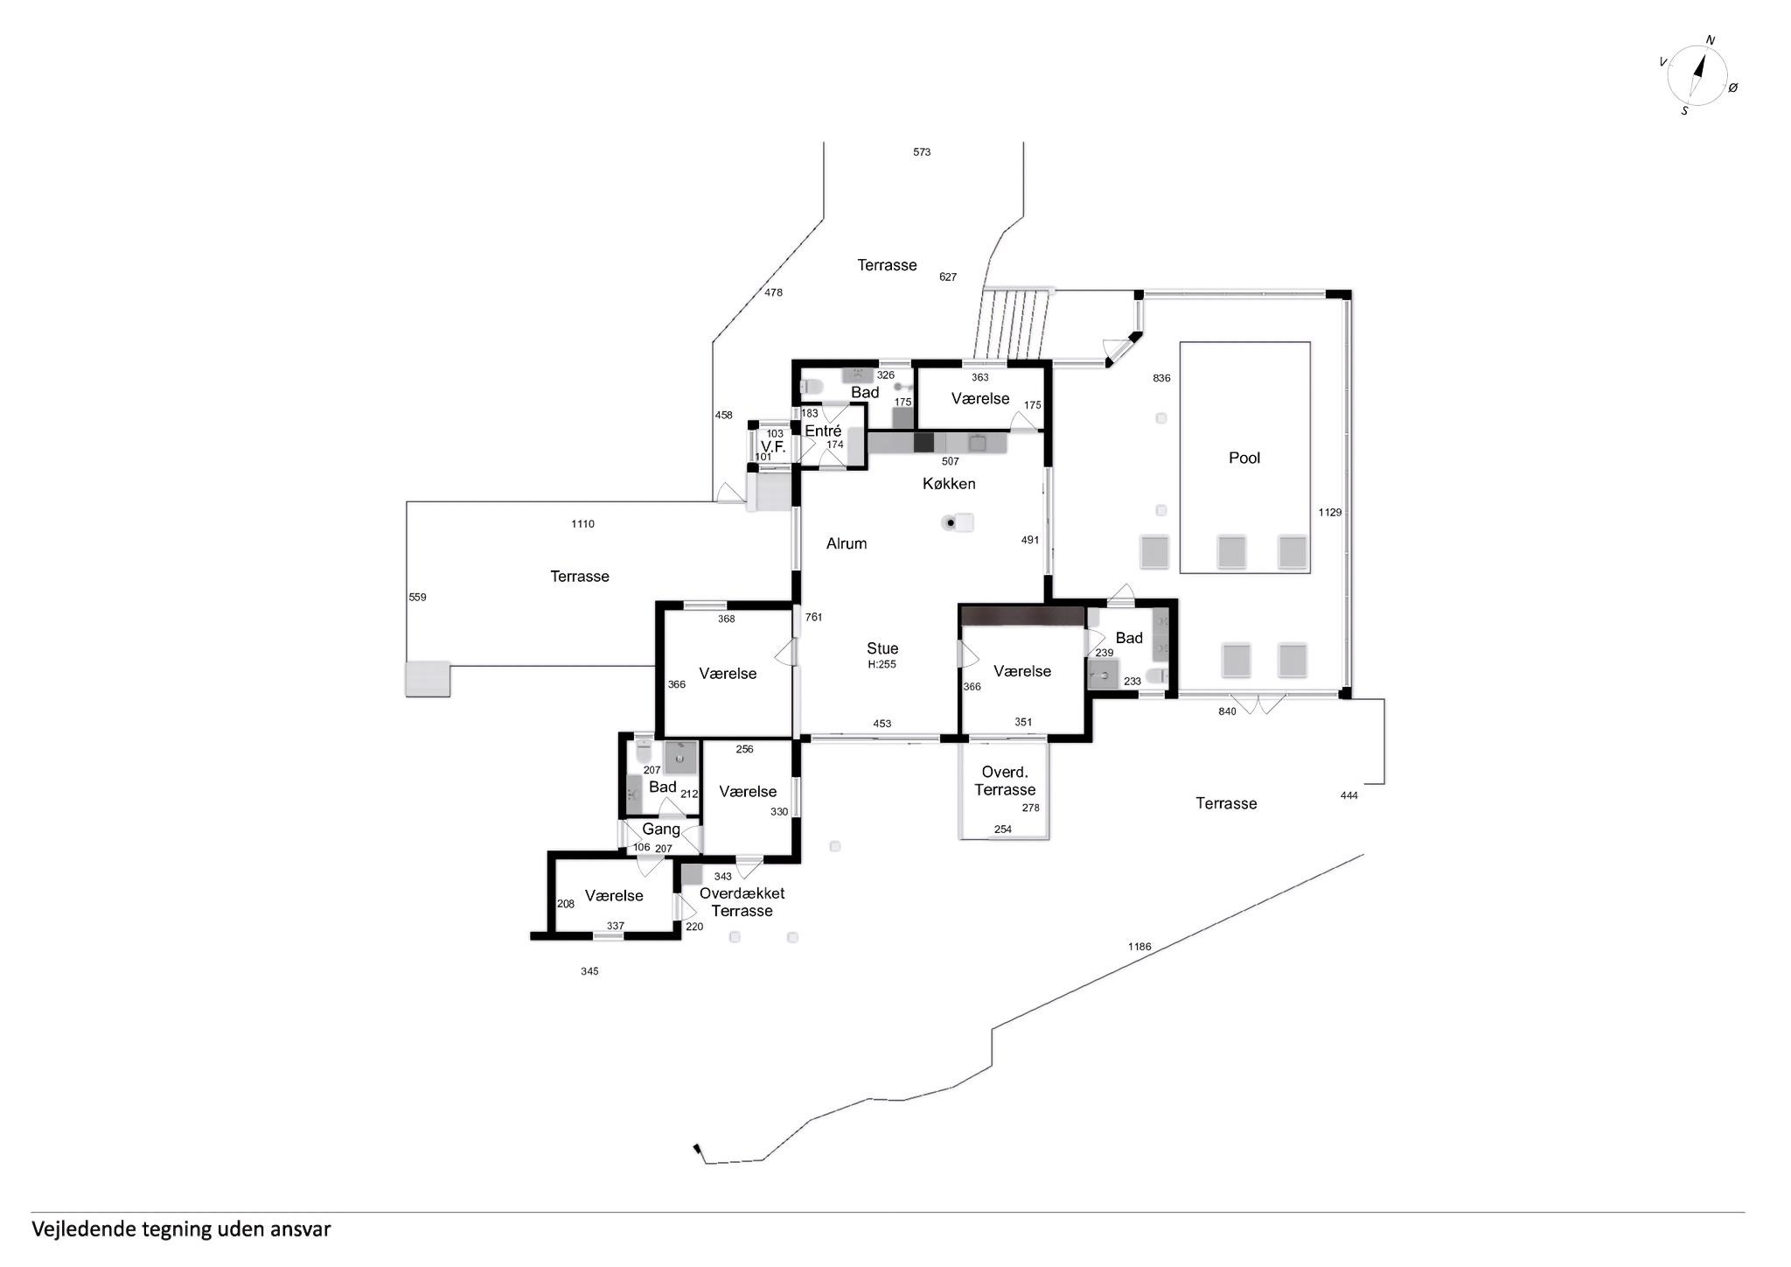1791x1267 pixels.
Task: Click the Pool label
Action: pyautogui.click(x=1244, y=458)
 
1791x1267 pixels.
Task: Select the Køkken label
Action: pyautogui.click(x=949, y=484)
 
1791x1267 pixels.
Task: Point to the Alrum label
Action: pyautogui.click(x=847, y=543)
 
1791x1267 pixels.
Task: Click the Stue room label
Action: pyautogui.click(x=882, y=648)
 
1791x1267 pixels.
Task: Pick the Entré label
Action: pyautogui.click(x=823, y=430)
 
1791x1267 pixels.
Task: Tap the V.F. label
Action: pyautogui.click(x=773, y=446)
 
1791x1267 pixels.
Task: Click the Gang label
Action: pyautogui.click(x=661, y=829)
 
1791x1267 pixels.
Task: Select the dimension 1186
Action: pyautogui.click(x=1139, y=947)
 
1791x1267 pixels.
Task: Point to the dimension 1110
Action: pyautogui.click(x=582, y=524)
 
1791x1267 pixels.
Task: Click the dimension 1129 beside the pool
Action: pyautogui.click(x=1329, y=513)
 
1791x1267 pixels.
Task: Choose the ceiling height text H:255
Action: pyautogui.click(x=882, y=664)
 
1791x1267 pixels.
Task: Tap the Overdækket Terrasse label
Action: pyautogui.click(x=742, y=902)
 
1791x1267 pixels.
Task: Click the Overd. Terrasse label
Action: pyautogui.click(x=1005, y=781)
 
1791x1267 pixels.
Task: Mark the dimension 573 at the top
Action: pyautogui.click(x=922, y=152)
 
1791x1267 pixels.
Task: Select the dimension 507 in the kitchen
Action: pyautogui.click(x=951, y=461)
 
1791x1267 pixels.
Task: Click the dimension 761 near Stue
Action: pyautogui.click(x=813, y=617)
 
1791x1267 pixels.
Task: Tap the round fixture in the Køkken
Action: pyautogui.click(x=950, y=523)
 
